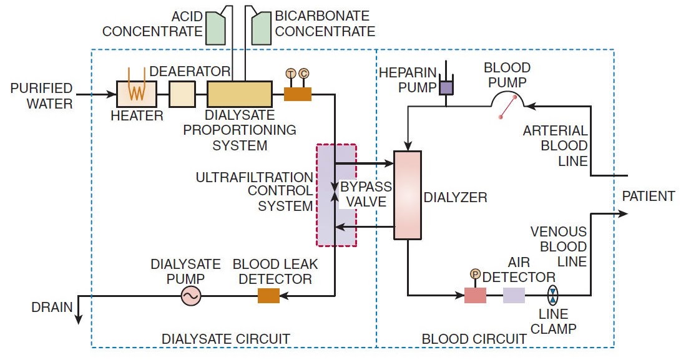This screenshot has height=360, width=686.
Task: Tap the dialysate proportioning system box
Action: pyautogui.click(x=240, y=94)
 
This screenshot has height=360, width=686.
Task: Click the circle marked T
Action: pyautogui.click(x=290, y=74)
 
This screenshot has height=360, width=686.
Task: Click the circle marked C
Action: pyautogui.click(x=304, y=74)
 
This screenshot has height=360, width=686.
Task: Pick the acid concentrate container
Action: pyautogui.click(x=215, y=29)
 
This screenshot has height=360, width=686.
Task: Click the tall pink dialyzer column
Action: pyautogui.click(x=408, y=195)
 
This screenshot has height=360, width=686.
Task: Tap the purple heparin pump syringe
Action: pyautogui.click(x=446, y=86)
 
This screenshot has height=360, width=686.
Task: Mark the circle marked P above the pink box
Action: pyautogui.click(x=474, y=275)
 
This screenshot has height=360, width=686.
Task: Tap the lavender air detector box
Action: pyautogui.click(x=514, y=294)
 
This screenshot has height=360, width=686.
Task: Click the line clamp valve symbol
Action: pyautogui.click(x=553, y=295)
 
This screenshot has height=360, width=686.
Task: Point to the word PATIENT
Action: pyautogui.click(x=649, y=197)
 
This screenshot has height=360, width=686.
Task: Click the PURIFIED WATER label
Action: pyautogui.click(x=41, y=95)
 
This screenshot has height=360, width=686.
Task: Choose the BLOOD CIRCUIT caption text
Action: pyautogui.click(x=474, y=339)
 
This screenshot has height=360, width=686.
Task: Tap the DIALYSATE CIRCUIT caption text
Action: pyautogui.click(x=225, y=339)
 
